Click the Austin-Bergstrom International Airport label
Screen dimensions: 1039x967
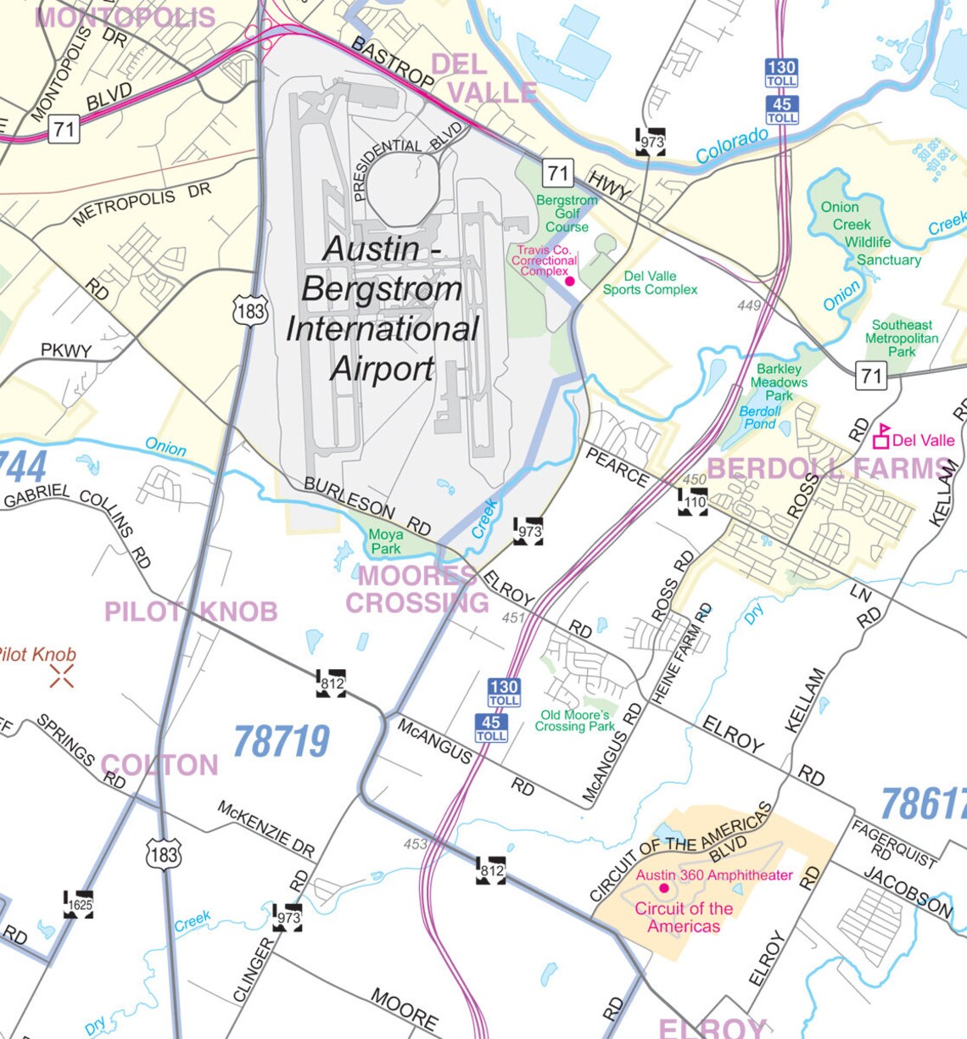382,309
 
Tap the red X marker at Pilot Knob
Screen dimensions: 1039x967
61,676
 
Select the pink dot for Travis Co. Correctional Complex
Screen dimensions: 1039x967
570,281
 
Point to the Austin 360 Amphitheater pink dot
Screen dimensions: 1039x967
664,888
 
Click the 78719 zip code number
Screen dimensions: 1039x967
281,741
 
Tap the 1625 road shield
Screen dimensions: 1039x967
79,904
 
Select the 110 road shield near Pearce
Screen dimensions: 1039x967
693,502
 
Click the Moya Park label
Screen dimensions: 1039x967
386,542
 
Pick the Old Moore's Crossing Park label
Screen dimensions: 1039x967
575,720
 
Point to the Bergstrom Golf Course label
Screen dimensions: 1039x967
567,214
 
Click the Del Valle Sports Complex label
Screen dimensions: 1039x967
650,282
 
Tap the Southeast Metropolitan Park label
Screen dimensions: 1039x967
902,338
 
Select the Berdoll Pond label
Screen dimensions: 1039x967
760,417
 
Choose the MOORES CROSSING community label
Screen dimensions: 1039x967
416,589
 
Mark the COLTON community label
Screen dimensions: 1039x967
159,765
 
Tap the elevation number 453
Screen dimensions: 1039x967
416,844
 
